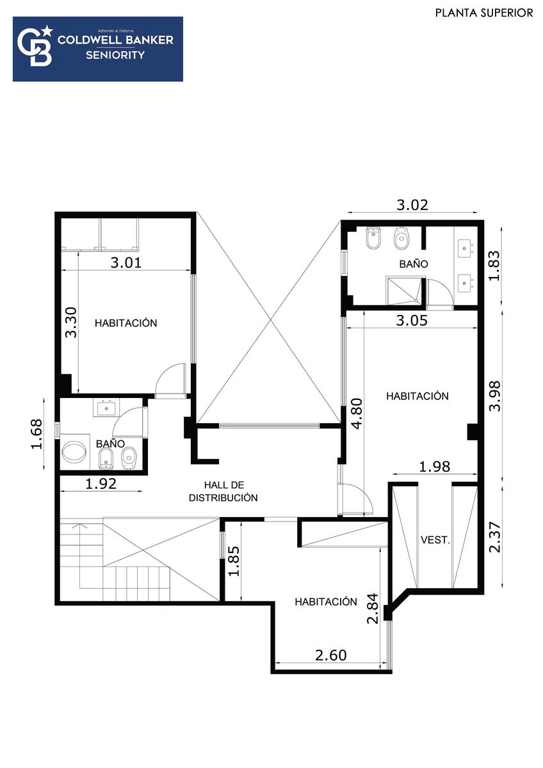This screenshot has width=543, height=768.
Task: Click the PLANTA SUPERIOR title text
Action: pos(484,13)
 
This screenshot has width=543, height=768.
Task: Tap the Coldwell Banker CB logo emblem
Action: pos(35,46)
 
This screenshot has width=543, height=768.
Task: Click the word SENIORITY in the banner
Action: pos(115,55)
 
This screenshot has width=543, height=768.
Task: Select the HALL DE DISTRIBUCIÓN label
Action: pos(223,492)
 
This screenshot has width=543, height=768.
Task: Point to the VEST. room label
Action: pos(435,540)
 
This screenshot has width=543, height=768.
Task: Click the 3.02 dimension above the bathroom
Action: pos(412,205)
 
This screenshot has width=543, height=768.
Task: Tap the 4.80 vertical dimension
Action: pos(357,413)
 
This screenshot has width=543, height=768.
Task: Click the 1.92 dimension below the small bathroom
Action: pos(101,484)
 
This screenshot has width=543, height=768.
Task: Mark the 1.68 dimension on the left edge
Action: pos(36,434)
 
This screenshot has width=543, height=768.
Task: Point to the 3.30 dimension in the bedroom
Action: pos(71,323)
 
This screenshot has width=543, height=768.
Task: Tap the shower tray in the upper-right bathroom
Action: pos(403,291)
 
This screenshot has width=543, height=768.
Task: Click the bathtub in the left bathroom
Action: pos(72,452)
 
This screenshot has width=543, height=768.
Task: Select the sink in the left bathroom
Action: pos(106,408)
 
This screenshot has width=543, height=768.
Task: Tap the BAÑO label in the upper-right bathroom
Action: pos(414,264)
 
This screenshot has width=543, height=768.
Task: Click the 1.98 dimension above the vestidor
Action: pos(435,467)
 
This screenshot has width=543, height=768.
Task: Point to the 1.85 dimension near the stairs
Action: pos(234,561)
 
